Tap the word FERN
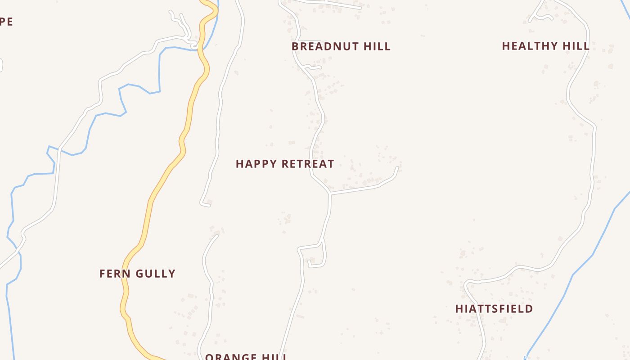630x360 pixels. (112, 274)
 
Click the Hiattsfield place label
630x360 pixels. (494, 309)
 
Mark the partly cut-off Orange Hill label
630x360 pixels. (246, 357)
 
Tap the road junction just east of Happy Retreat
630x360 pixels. (330, 193)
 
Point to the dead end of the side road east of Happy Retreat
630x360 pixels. (398, 168)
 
